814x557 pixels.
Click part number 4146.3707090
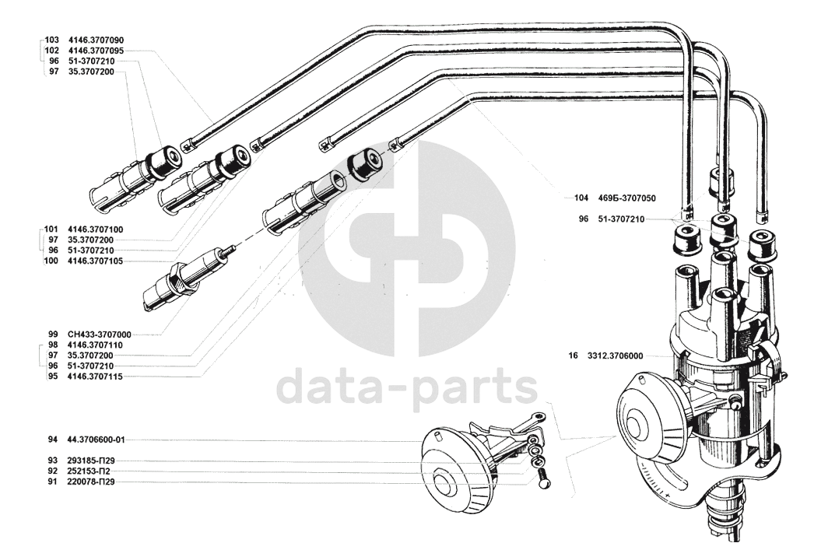pyautogui.click(x=96, y=40)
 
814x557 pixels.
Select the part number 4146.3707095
pyautogui.click(x=96, y=50)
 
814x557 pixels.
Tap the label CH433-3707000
pyautogui.click(x=100, y=334)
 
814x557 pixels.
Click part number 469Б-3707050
pyautogui.click(x=627, y=198)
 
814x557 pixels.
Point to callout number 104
pyautogui.click(x=579, y=198)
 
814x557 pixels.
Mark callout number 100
pyautogui.click(x=51, y=261)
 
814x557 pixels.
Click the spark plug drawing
pyautogui.click(x=187, y=277)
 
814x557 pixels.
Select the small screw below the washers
pyautogui.click(x=543, y=478)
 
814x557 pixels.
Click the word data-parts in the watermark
pyautogui.click(x=408, y=388)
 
